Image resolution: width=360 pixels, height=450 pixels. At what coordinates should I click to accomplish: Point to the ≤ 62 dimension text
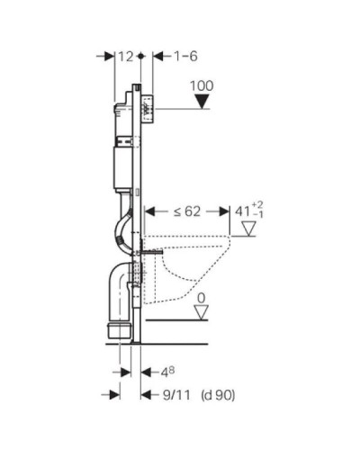(x=187, y=211)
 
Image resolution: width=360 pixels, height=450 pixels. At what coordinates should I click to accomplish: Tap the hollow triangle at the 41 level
(x=248, y=229)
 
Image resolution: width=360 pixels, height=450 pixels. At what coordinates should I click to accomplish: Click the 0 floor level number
(x=202, y=296)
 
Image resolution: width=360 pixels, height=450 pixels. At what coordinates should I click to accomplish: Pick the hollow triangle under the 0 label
(x=202, y=311)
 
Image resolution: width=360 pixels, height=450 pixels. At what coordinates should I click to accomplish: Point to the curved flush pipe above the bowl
(x=122, y=225)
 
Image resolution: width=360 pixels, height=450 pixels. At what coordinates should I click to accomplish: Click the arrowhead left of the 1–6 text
(x=150, y=57)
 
